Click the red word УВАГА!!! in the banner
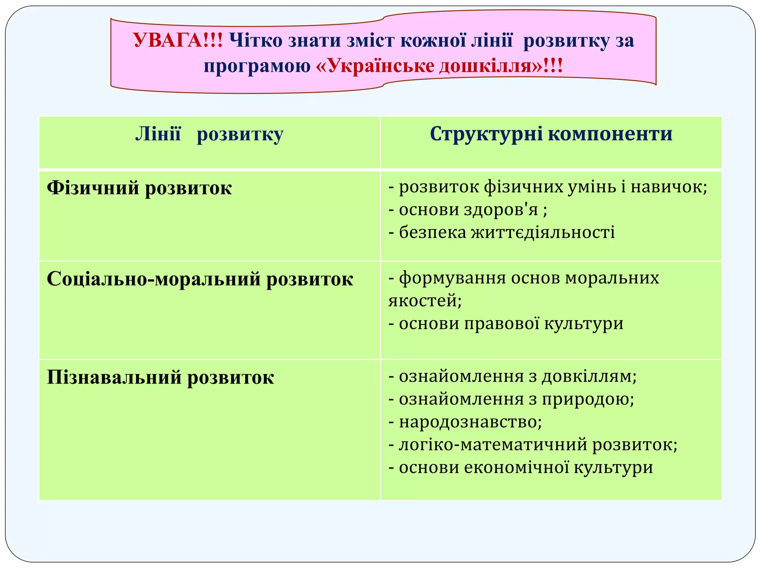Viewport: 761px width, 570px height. coord(178,40)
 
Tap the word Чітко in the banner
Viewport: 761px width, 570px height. coord(256,40)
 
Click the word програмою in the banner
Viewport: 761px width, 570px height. coord(257,66)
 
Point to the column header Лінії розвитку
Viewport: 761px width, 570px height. coord(209,134)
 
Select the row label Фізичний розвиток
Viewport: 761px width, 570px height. coord(139,188)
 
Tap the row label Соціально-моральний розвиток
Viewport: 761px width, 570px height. coord(200,279)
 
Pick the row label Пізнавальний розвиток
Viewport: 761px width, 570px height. coord(161,378)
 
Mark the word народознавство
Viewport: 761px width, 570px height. coord(470,422)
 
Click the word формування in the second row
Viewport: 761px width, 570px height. coord(453,278)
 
